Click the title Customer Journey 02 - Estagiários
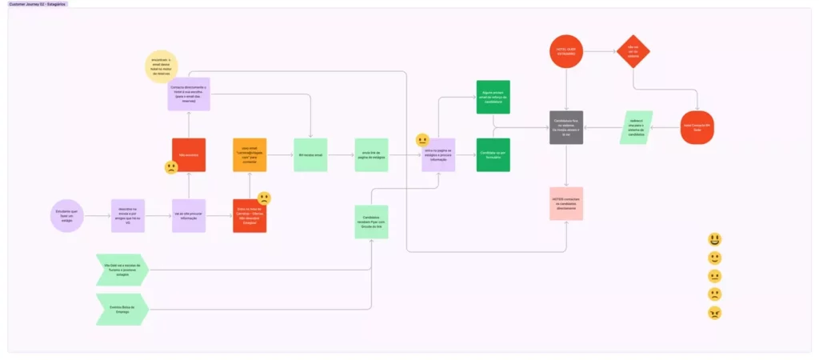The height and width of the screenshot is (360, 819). [x=38, y=4]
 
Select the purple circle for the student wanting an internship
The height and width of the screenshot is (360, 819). [x=66, y=215]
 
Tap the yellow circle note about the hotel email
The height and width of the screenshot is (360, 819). [x=162, y=67]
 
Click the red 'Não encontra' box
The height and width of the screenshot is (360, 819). [x=189, y=154]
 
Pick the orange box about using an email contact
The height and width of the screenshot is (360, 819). [x=250, y=154]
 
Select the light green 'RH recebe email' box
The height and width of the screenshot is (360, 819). [x=310, y=154]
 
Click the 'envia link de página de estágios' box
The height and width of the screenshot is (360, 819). [x=371, y=154]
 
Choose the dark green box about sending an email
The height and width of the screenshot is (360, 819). [x=493, y=97]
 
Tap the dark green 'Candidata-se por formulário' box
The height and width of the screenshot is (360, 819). [x=493, y=154]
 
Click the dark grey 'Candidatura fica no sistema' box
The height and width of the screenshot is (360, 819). [x=566, y=128]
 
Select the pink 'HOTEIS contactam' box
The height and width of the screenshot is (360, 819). [x=566, y=203]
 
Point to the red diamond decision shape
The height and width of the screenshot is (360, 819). [x=633, y=52]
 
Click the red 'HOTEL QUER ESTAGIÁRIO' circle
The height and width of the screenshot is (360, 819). [x=566, y=52]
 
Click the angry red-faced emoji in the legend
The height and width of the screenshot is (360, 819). [x=714, y=313]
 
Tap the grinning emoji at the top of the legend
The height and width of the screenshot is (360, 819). [x=714, y=239]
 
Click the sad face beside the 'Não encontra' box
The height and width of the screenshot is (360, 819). [x=171, y=168]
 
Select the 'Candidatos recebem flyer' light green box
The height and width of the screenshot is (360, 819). [x=371, y=222]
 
